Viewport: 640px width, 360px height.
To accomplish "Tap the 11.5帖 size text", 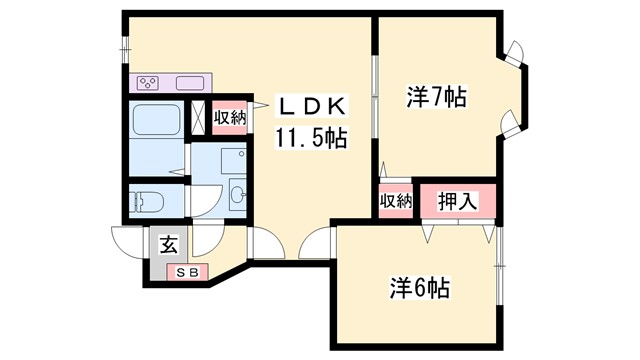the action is click(x=310, y=137).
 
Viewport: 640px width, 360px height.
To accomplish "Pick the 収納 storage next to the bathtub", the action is click(x=230, y=117).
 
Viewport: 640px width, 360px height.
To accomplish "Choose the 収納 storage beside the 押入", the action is click(x=396, y=200).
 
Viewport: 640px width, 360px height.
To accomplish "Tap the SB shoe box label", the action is click(x=188, y=271).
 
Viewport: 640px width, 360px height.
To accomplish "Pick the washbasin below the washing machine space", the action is click(x=238, y=195).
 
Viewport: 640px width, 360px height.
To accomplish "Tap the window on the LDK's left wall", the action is click(x=125, y=47).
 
